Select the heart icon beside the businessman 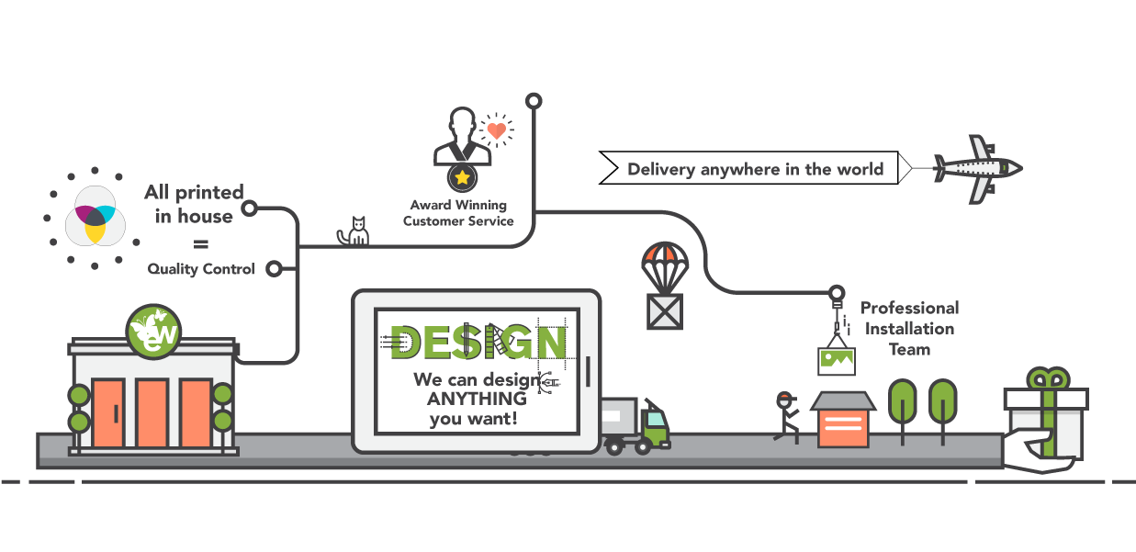496,131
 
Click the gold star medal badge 462,176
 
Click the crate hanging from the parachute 665,310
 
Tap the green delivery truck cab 655,424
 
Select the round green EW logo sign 154,331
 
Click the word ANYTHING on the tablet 477,399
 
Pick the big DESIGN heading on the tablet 477,343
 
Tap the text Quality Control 201,270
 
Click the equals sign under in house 200,244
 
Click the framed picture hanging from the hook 836,361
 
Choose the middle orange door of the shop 152,413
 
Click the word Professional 909,308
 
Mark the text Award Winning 457,205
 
